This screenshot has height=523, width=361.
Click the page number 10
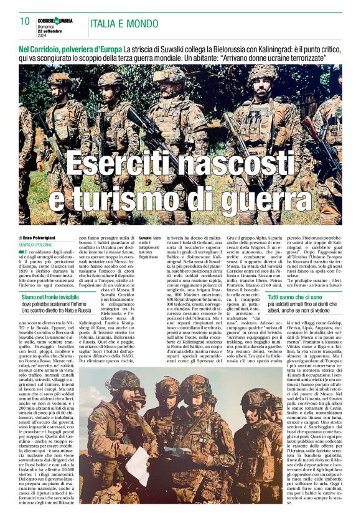click(24, 21)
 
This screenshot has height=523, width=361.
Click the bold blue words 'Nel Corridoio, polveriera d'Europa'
click(70, 49)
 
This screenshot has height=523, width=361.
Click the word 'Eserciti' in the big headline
click(124, 164)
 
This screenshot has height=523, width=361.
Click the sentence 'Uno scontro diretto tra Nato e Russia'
click(57, 310)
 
